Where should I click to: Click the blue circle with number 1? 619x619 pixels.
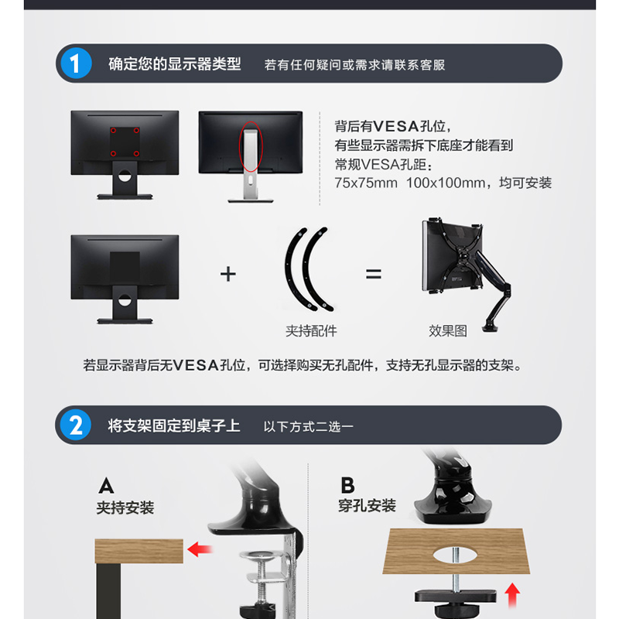tap(75, 63)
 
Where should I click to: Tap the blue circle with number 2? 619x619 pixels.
tap(75, 425)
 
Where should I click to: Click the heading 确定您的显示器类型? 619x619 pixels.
tap(175, 64)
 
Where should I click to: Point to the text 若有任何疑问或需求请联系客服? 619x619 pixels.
tap(354, 65)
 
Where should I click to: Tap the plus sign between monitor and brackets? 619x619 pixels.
tap(228, 274)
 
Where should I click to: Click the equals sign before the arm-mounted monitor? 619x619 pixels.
tap(374, 274)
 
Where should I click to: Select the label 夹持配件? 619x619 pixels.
tap(311, 331)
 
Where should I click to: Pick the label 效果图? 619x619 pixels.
tap(448, 331)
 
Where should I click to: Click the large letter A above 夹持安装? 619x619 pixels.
tap(106, 486)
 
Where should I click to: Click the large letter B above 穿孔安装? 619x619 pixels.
tap(347, 485)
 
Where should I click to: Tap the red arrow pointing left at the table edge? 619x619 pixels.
tap(200, 549)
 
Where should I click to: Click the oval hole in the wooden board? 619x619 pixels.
tap(455, 555)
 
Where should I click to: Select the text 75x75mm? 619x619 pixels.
tap(366, 183)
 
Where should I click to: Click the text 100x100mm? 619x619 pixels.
tap(446, 183)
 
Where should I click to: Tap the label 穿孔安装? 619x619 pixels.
tap(367, 506)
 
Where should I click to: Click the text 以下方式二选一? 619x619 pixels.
tap(308, 427)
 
